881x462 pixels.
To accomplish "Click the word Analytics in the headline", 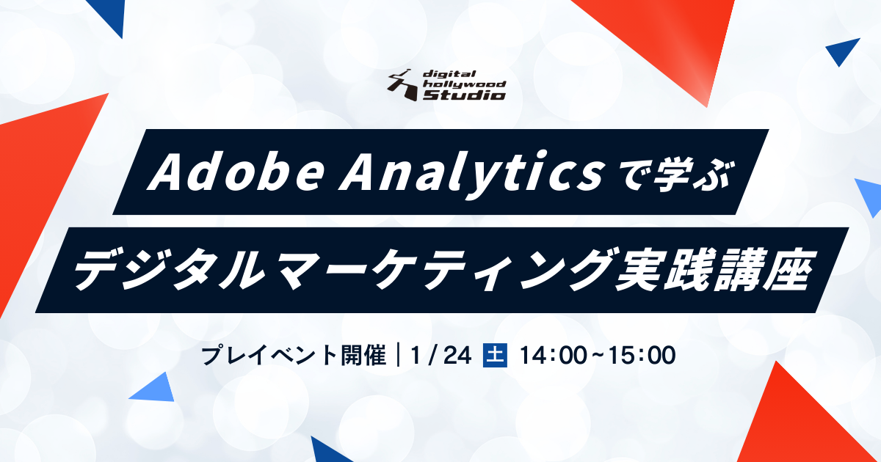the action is (471, 175).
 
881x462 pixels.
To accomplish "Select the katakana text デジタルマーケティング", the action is (341, 270).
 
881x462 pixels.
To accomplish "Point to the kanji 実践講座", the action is (711, 270).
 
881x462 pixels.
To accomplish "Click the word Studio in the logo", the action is (464, 95).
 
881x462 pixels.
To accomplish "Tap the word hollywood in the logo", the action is (464, 84).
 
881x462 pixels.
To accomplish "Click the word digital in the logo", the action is (449, 74).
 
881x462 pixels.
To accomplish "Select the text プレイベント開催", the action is (294, 355).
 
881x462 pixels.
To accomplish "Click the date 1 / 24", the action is (441, 356).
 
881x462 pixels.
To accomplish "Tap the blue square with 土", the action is (495, 355).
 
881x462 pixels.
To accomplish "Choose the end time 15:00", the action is (641, 356).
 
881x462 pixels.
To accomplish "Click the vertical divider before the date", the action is (399, 355).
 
